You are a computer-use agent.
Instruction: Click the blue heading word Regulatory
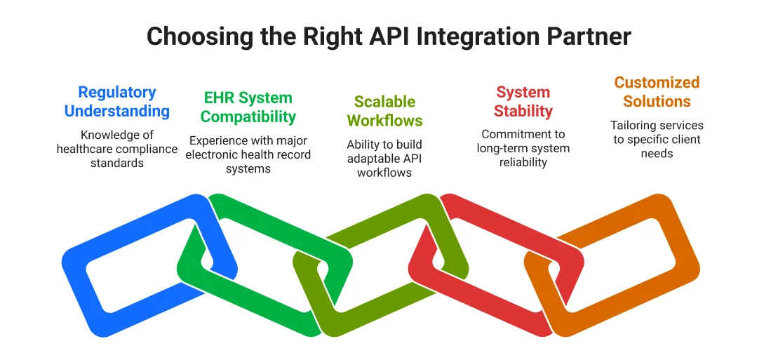coord(117,93)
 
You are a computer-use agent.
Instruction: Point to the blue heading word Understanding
coord(117,111)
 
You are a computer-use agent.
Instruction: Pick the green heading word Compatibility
coord(248,116)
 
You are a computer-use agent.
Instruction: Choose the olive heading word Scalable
coord(384,102)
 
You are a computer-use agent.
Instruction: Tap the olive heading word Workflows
coord(384,121)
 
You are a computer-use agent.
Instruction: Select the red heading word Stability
coord(523,111)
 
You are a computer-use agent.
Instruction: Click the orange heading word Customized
coord(657,83)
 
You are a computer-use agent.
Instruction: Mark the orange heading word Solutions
coord(657,101)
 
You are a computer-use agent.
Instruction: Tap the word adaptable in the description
coord(373,159)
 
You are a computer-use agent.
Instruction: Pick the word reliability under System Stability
coord(523,162)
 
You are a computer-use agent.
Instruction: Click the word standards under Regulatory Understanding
coord(117,163)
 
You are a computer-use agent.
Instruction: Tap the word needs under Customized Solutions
coord(657,154)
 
